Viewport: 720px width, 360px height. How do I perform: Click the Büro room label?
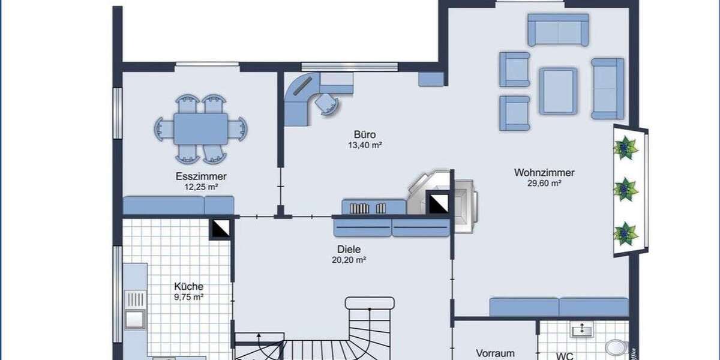[365, 134]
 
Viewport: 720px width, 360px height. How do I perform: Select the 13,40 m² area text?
[365, 145]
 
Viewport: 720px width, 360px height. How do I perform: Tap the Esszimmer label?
[201, 176]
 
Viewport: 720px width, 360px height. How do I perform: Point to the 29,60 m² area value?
[544, 184]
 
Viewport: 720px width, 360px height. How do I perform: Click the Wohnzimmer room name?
[544, 173]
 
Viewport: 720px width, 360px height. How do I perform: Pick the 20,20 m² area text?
[349, 260]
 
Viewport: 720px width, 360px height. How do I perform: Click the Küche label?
[188, 286]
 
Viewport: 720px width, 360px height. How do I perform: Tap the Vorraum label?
[496, 353]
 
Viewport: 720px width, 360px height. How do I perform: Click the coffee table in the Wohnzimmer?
[558, 91]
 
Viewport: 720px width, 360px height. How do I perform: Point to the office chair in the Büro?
[327, 103]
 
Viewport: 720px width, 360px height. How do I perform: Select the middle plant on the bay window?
[625, 190]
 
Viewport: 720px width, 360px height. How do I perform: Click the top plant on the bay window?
[625, 148]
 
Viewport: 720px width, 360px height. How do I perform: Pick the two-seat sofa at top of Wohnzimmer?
[558, 29]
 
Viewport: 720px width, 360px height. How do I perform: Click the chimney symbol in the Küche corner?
[220, 229]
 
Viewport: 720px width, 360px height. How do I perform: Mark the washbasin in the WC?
[581, 329]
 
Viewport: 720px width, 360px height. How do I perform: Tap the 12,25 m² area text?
[201, 187]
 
